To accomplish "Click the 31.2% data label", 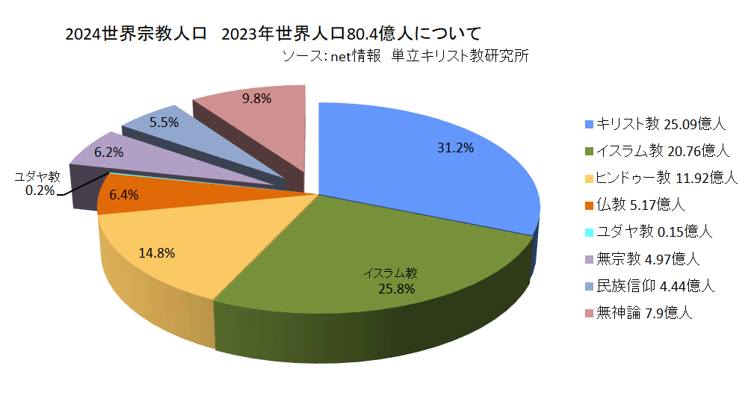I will tap(455, 148).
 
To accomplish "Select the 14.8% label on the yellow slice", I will tap(157, 253).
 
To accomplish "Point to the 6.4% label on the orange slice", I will tap(123, 196).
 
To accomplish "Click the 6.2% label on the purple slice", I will tap(109, 152).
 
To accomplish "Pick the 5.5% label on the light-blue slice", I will tap(164, 122).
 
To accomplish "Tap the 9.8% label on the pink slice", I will tap(256, 98).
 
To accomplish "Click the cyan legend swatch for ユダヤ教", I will tap(589, 232).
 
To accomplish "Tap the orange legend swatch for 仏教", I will tap(589, 205).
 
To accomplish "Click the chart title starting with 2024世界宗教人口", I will tap(273, 34).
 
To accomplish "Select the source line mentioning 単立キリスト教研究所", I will tap(406, 55).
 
